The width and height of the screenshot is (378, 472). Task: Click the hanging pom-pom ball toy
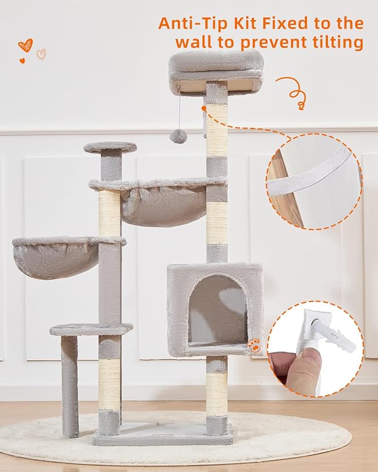click(x=178, y=136)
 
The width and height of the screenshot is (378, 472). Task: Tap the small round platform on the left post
click(x=110, y=147)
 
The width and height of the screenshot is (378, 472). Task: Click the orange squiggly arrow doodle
click(x=292, y=92)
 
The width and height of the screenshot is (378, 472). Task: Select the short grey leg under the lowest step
click(x=70, y=384)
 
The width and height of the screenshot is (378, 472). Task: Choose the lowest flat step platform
click(x=91, y=329)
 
